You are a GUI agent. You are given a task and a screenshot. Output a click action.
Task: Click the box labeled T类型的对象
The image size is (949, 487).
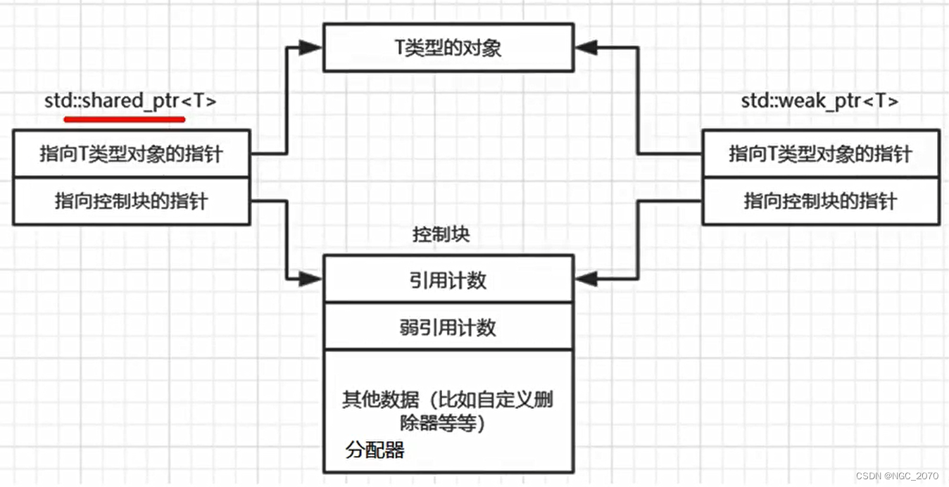click(448, 48)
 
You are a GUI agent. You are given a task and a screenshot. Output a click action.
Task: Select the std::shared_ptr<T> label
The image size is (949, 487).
click(130, 101)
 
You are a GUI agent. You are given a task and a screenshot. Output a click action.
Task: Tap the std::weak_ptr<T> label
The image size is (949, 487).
click(820, 101)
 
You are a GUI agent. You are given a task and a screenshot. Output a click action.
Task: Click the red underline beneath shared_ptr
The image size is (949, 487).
click(125, 119)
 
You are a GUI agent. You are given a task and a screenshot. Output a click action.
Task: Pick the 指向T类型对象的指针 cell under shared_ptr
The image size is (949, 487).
click(131, 153)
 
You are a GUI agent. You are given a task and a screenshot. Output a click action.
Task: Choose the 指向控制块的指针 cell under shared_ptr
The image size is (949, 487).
click(131, 201)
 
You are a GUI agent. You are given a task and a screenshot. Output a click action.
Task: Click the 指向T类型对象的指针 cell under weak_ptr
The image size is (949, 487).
click(820, 153)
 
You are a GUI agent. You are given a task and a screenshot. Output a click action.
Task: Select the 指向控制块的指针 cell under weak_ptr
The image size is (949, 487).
click(820, 201)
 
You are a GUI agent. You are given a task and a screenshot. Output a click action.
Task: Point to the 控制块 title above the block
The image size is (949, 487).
click(441, 234)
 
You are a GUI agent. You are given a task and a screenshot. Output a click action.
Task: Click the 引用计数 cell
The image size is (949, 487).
click(448, 281)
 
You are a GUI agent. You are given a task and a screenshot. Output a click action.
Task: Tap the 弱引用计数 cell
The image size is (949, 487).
click(448, 327)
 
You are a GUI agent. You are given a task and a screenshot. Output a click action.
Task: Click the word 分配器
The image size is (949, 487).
click(375, 450)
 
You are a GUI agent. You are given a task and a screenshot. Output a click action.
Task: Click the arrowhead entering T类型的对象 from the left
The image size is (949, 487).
click(310, 48)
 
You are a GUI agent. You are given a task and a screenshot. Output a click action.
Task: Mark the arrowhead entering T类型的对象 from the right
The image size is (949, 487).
click(586, 48)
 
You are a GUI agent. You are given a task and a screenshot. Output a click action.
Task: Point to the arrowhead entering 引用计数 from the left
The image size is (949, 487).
click(310, 279)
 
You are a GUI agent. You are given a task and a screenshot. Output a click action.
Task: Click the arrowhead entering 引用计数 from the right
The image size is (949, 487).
click(586, 279)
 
